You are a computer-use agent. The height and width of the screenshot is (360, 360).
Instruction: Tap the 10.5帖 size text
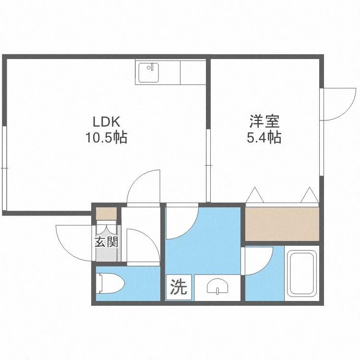point(106,138)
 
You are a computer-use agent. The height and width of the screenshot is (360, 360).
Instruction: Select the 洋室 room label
point(264,120)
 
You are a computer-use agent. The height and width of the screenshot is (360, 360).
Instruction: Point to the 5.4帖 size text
point(264,138)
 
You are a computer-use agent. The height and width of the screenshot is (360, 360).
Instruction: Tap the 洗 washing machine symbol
point(178,288)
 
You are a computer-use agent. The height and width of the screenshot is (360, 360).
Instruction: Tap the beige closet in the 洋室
point(282,223)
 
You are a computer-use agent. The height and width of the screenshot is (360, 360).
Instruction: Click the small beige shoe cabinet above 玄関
point(106,212)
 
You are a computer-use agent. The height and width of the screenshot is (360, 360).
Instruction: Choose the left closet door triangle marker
point(253,195)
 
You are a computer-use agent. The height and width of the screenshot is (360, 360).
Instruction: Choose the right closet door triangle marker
point(309,195)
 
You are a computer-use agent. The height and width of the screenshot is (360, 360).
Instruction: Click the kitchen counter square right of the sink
point(193,72)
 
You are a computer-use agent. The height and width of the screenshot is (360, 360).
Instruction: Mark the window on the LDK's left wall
point(4,168)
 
